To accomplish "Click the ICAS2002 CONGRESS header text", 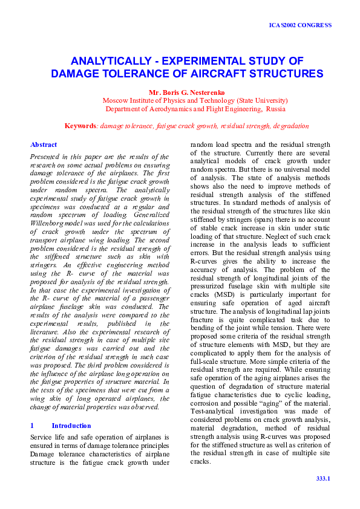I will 300,25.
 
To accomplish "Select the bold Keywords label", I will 80,126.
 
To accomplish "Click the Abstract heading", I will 44,145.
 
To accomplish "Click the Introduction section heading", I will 71,426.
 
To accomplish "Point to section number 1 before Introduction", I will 32,426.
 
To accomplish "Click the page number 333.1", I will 323,478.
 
